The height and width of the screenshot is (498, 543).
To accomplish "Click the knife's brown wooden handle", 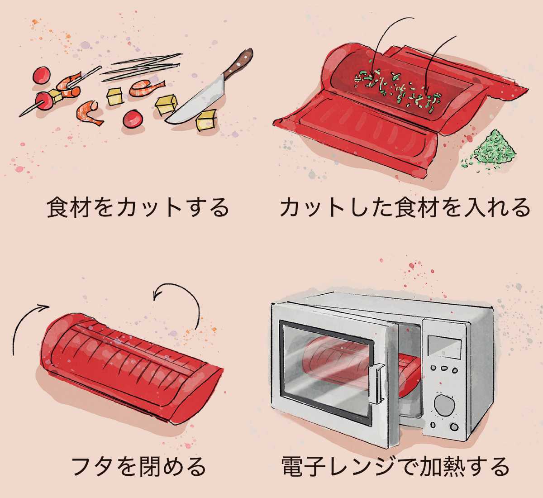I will pyautogui.click(x=239, y=63).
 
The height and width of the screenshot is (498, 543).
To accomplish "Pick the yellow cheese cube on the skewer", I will pyautogui.click(x=56, y=96).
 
